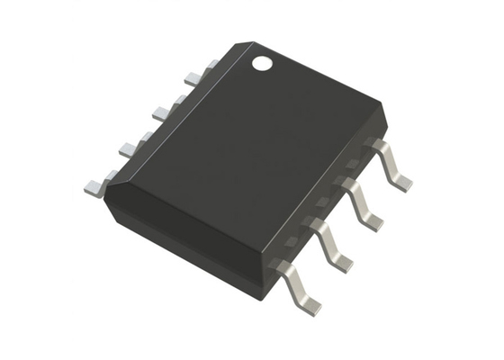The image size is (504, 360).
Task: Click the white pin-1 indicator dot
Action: click(262, 63)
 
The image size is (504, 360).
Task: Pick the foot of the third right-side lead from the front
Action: click(372, 221)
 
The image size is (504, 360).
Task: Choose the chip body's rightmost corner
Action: click(386, 112)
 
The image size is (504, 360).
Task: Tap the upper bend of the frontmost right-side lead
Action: click(281, 266)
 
